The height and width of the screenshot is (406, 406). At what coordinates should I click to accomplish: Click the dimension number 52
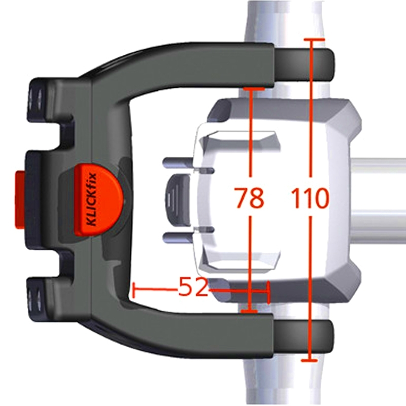193,289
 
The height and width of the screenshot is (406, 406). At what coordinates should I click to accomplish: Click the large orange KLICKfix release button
96,199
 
